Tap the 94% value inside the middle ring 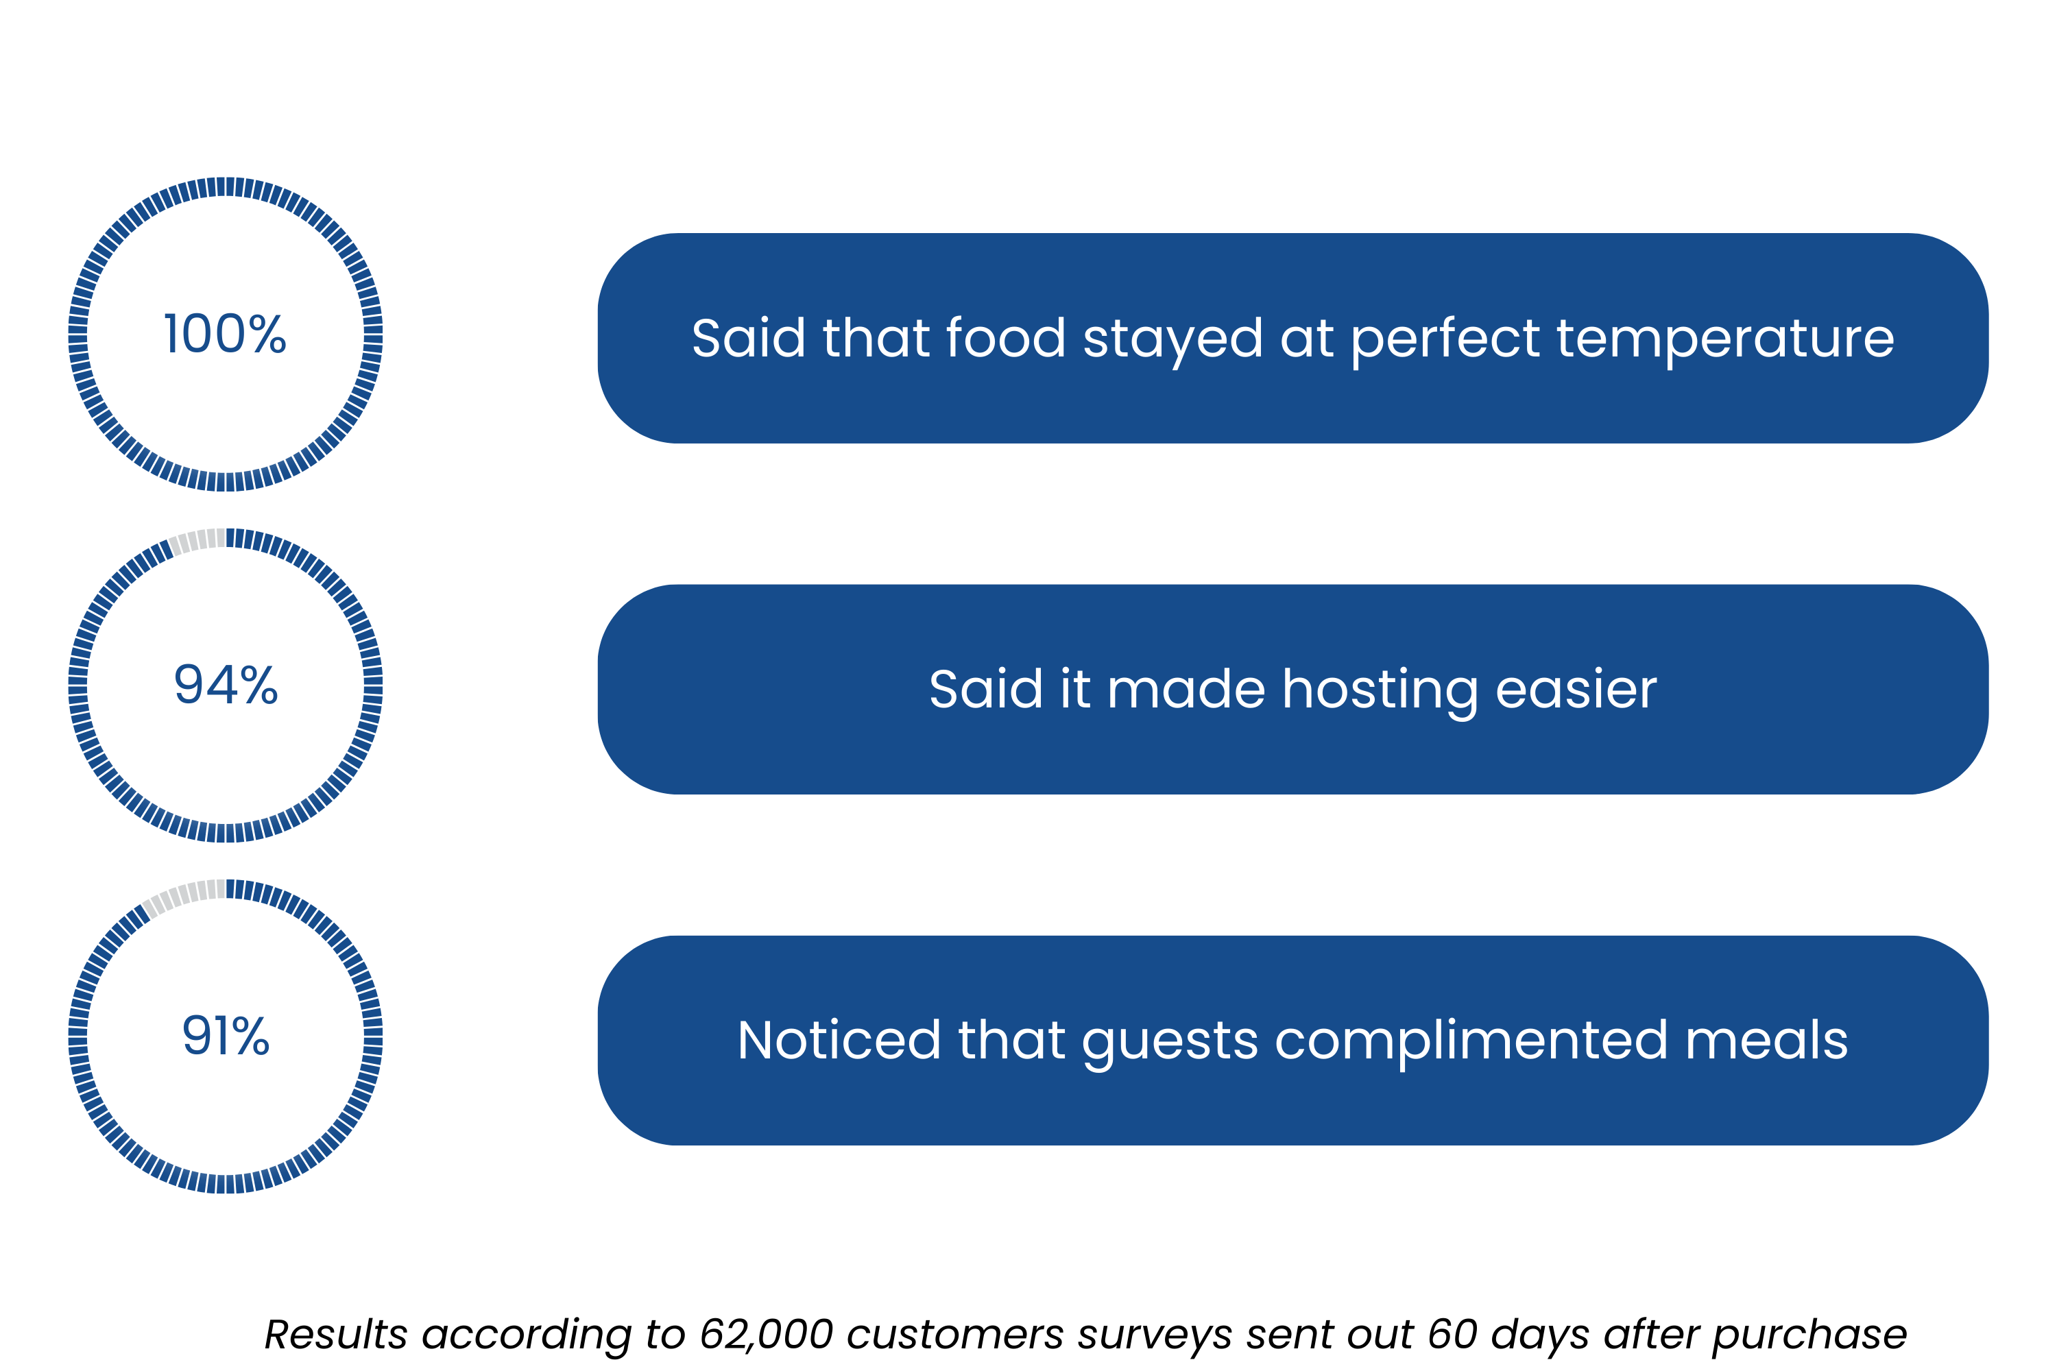226,685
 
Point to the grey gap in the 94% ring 196,540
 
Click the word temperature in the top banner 1724,339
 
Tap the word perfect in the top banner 1445,339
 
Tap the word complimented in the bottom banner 1471,1041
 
